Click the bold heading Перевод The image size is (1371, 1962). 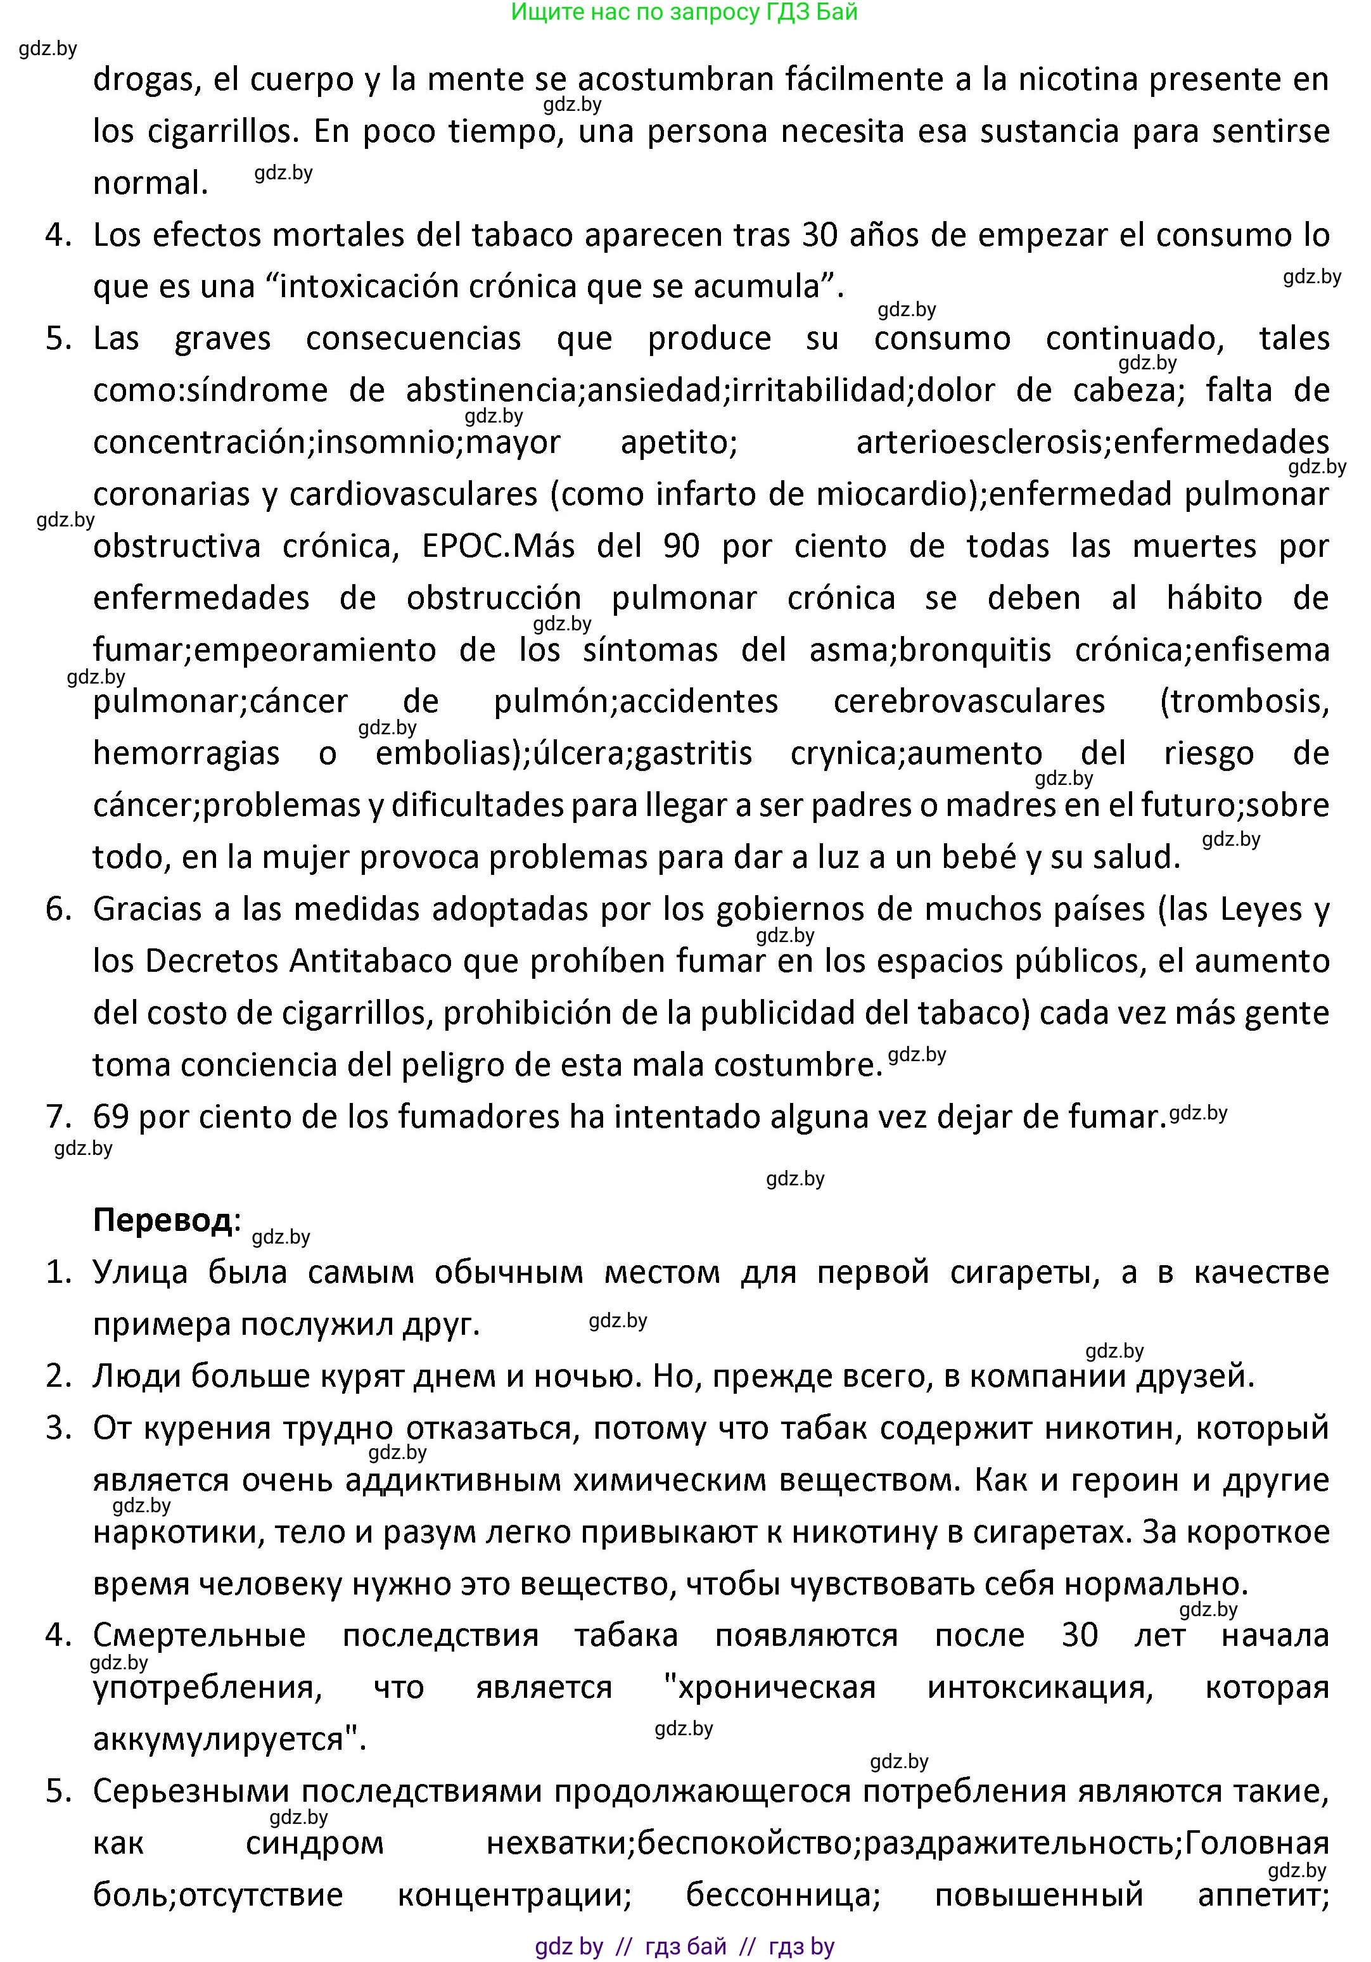tap(162, 1220)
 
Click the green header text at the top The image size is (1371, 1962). tap(684, 12)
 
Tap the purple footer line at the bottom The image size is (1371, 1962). tap(684, 1947)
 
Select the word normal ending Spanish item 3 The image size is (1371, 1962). tap(150, 183)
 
